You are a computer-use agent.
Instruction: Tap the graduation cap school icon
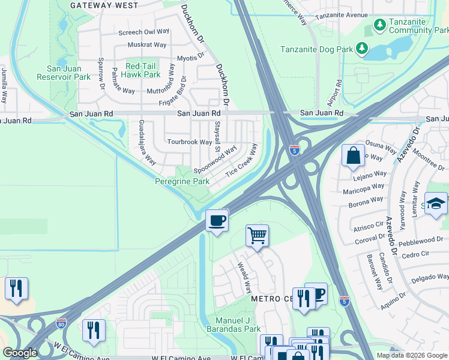click(436, 203)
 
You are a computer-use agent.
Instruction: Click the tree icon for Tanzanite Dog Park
click(361, 47)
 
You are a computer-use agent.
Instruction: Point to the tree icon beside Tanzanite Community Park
click(379, 25)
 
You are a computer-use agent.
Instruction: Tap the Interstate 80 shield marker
click(61, 323)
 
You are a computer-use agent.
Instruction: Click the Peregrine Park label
click(182, 181)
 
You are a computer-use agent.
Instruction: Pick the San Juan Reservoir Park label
click(64, 73)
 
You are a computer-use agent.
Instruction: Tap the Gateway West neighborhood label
click(104, 5)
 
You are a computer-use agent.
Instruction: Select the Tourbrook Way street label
click(189, 142)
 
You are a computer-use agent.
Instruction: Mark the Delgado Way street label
click(429, 278)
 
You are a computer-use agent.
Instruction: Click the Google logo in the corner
click(20, 353)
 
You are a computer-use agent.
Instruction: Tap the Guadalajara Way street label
click(147, 142)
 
